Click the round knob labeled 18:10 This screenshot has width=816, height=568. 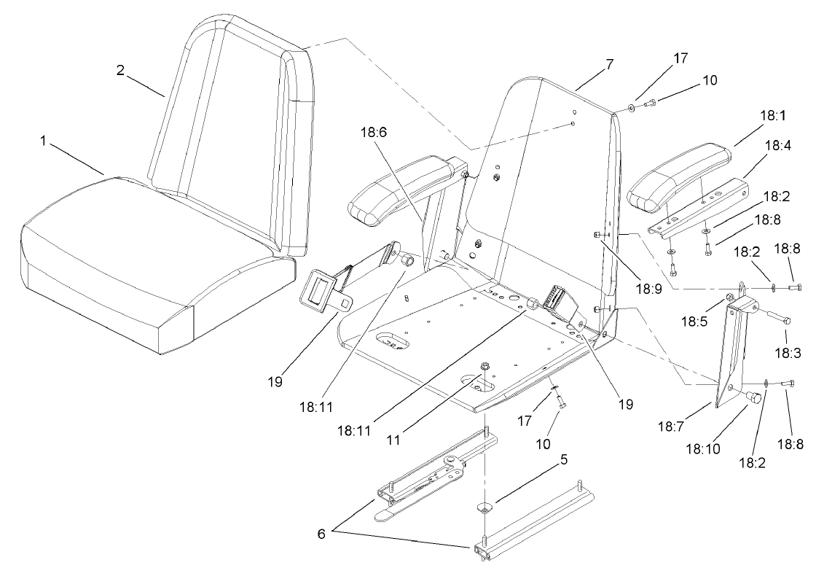coord(753,397)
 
